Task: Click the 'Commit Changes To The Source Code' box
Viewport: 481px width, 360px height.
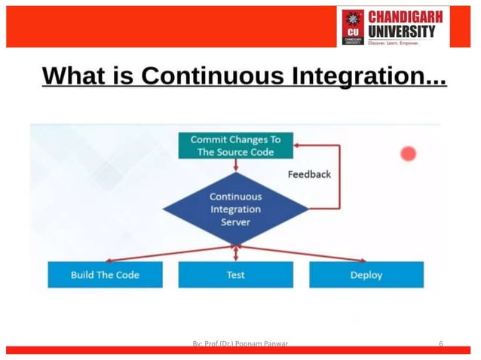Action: pos(235,145)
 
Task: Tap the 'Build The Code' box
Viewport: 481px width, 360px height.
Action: pos(105,275)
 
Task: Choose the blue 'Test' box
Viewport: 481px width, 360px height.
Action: pos(235,275)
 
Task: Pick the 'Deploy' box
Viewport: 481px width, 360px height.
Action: pos(366,275)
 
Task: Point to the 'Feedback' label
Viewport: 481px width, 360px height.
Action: pos(309,174)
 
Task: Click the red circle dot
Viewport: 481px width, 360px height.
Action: pos(409,154)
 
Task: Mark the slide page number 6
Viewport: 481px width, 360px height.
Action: pos(441,343)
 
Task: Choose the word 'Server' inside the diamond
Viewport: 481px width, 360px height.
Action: pos(235,222)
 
